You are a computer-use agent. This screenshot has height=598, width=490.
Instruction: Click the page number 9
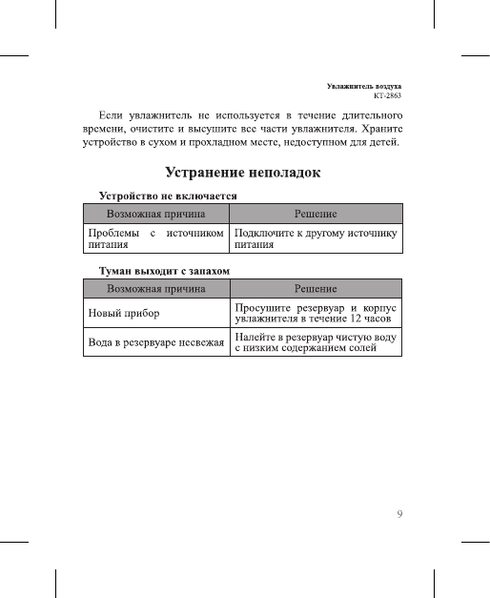point(400,515)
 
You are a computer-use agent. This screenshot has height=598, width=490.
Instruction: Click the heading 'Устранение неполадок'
point(243,174)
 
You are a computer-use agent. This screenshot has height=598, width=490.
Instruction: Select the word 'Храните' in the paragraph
point(381,129)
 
